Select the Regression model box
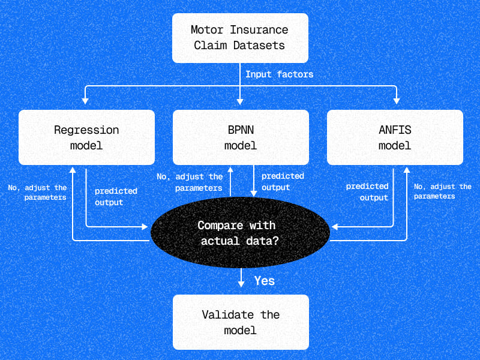click(86, 137)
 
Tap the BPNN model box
click(240, 137)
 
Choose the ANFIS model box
click(395, 137)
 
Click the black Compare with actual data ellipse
click(240, 233)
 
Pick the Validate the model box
click(240, 322)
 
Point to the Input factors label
click(279, 75)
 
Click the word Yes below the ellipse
click(264, 280)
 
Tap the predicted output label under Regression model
click(116, 197)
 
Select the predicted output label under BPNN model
click(283, 182)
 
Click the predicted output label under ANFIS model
click(367, 192)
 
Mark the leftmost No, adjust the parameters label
click(37, 192)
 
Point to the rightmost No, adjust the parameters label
click(443, 191)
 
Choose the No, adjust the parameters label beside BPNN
click(190, 182)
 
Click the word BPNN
click(240, 130)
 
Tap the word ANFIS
click(395, 130)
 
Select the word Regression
click(86, 130)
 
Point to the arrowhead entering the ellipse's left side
click(145, 226)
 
